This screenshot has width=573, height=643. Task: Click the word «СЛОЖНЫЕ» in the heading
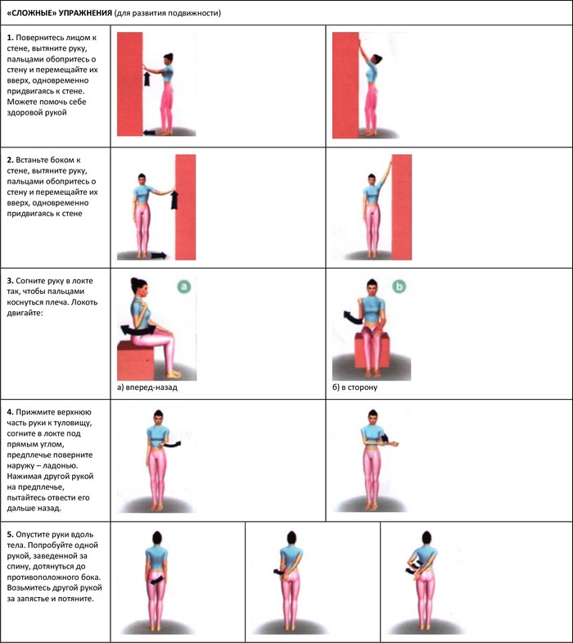[34, 13]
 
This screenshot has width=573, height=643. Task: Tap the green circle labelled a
[184, 286]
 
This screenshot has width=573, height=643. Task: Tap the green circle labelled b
[399, 286]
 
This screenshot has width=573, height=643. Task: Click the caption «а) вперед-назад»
[147, 387]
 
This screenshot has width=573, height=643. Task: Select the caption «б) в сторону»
[354, 387]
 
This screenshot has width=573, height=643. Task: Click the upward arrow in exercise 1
[147, 79]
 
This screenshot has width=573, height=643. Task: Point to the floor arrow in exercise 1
[149, 133]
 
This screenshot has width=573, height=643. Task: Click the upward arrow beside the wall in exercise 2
[174, 200]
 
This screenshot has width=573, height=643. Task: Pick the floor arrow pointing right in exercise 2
[159, 256]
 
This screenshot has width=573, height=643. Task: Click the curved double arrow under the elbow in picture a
[138, 330]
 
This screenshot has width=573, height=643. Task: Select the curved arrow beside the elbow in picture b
[353, 317]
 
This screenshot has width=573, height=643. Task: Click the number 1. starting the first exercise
[11, 38]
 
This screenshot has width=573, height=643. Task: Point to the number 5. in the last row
[11, 535]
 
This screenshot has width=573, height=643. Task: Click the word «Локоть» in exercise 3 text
[84, 302]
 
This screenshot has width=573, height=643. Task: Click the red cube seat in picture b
[372, 351]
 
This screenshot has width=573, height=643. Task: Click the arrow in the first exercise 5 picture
[156, 580]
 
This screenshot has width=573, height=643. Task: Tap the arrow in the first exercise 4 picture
[173, 445]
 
